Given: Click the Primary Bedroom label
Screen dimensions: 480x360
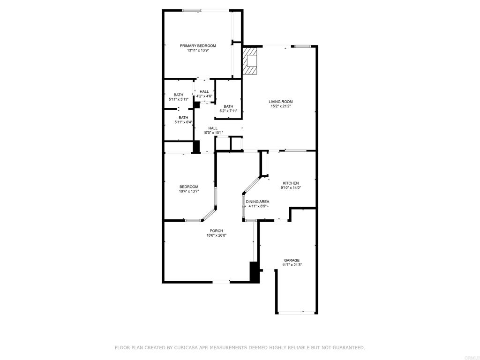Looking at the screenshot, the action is coord(198,45).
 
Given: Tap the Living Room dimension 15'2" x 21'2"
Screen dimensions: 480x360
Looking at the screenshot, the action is coord(281,106).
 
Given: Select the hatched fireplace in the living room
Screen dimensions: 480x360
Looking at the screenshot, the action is coord(249,60).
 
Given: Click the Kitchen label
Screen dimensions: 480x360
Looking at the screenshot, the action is coord(291,183).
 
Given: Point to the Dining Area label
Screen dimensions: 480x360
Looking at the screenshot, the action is coord(257,202).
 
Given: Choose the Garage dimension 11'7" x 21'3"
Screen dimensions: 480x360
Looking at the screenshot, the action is coord(292,265).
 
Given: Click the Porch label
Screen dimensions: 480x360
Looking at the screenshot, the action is coord(216,231).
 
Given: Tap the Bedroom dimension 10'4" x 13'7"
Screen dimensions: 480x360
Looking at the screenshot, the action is coord(189,192).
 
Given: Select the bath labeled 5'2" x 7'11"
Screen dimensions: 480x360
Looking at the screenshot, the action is coord(228,109).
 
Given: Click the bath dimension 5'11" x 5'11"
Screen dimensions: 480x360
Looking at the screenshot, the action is coord(179,99).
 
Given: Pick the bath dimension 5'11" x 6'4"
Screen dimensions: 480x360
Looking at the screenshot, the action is coord(183,122).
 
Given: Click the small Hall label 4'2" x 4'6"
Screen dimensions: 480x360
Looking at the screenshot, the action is coord(204,96).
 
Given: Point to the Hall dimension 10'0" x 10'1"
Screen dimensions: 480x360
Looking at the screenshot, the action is coord(213,133).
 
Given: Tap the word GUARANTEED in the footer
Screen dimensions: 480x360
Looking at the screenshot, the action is coord(348,347).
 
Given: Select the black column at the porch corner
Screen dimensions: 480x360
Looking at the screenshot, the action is coord(255,272).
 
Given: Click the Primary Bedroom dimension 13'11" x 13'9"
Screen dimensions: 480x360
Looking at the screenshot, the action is coord(198,51).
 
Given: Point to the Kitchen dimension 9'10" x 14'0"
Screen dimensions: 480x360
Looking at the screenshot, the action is coord(291,188).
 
